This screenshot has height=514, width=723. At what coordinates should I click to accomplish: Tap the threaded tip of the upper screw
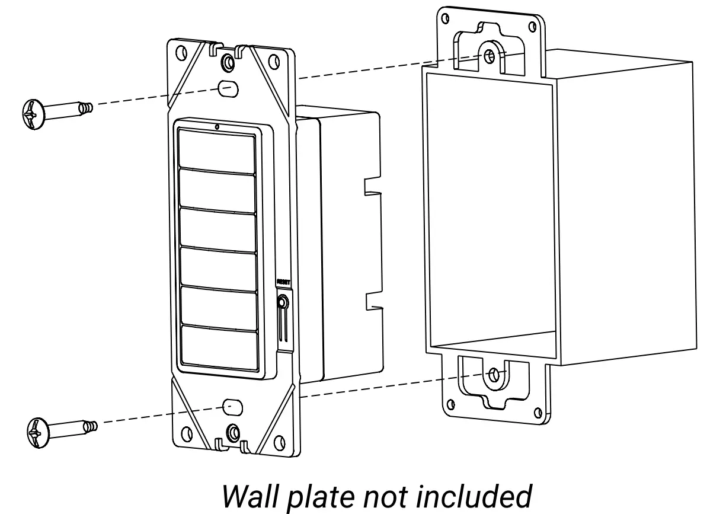[88, 107]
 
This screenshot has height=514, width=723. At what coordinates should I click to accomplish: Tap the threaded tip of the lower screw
[91, 425]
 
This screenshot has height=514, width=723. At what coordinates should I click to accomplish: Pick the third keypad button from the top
[217, 229]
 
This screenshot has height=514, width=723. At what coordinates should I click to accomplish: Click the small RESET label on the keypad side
[282, 283]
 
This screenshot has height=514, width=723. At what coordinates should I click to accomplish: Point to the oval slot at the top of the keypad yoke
[228, 88]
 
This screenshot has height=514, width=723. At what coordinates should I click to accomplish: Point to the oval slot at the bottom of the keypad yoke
[232, 406]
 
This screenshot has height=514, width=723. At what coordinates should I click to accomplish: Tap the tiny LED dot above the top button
[217, 126]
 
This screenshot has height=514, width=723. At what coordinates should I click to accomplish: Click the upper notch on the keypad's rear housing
[372, 185]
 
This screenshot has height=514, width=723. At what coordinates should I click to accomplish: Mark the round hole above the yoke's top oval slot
[227, 62]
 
